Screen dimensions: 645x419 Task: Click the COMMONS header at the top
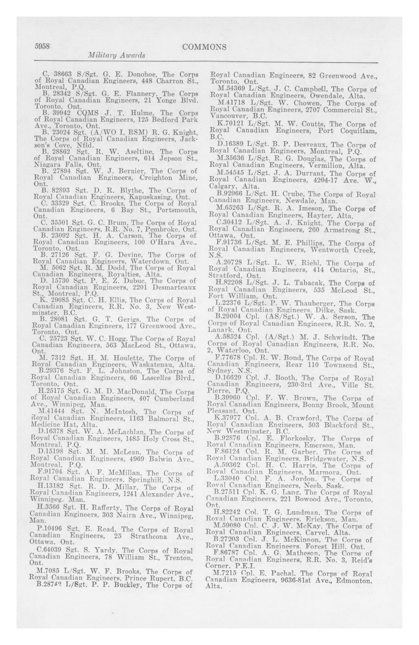tap(204, 47)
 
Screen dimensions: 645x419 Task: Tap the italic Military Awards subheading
tap(117, 55)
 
